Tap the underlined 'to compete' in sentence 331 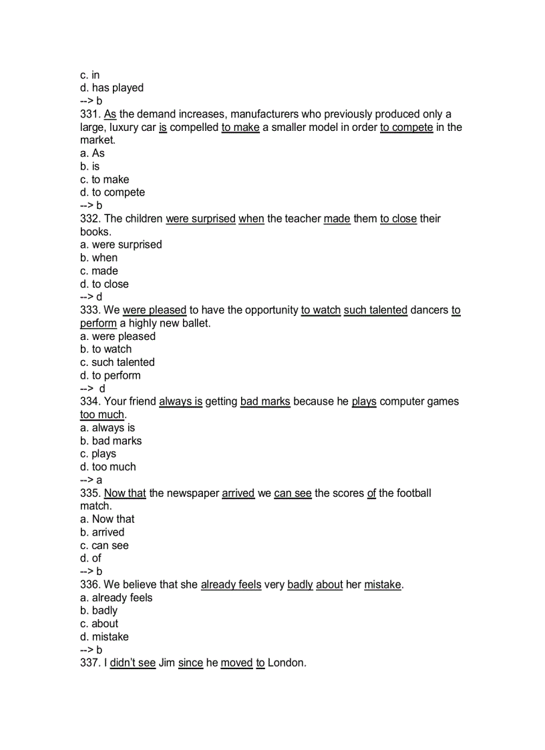[x=407, y=127]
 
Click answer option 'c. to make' [x=105, y=179]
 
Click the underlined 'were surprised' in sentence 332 [x=200, y=218]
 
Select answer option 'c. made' [x=99, y=270]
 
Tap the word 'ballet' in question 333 [x=194, y=323]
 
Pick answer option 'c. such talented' [x=118, y=362]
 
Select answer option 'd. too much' [x=108, y=467]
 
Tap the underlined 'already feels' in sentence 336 [x=231, y=584]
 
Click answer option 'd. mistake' [x=105, y=636]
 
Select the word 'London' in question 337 [x=286, y=663]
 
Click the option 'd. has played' [x=112, y=87]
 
